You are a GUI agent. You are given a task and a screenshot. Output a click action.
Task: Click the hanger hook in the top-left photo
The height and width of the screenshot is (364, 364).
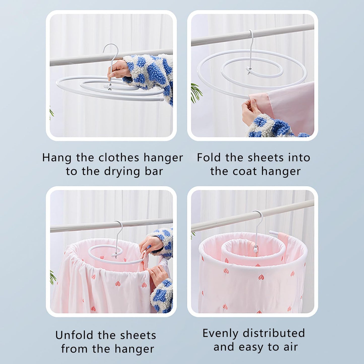112,50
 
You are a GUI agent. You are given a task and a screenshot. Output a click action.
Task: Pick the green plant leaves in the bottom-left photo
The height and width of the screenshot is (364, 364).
52,277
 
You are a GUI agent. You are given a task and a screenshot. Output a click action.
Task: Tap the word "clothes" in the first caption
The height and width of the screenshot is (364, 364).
119,158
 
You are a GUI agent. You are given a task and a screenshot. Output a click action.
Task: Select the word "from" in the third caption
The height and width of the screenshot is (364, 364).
75,349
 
